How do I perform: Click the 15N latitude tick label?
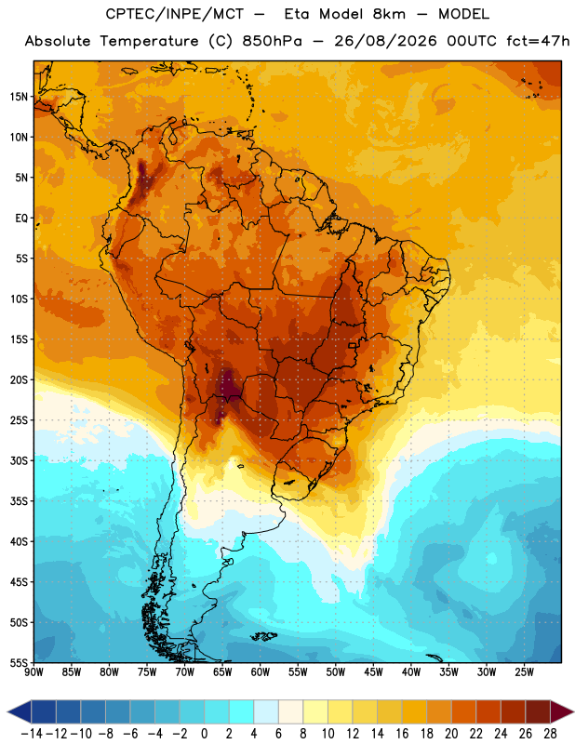[x=19, y=97]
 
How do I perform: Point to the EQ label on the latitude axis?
[x=21, y=219]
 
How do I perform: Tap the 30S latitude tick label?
[x=19, y=460]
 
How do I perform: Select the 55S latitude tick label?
[x=19, y=662]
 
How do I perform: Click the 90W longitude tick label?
[x=33, y=671]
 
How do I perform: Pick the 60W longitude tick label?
[x=261, y=671]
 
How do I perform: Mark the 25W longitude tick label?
[x=525, y=671]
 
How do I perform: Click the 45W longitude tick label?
[x=374, y=671]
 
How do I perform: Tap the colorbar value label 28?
[x=550, y=734]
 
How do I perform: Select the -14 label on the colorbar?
[x=32, y=734]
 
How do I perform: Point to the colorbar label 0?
[x=204, y=734]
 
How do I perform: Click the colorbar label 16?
[x=402, y=734]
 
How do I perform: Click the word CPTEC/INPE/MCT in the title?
[x=175, y=14]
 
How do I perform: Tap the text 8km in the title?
[x=389, y=14]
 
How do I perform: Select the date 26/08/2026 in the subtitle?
[x=385, y=41]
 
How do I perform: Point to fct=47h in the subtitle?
[x=539, y=41]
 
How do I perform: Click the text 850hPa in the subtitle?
[x=272, y=41]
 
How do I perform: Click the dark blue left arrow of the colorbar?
[x=19, y=711]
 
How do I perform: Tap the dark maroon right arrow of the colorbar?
[x=562, y=711]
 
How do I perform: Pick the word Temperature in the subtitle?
[x=149, y=42]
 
